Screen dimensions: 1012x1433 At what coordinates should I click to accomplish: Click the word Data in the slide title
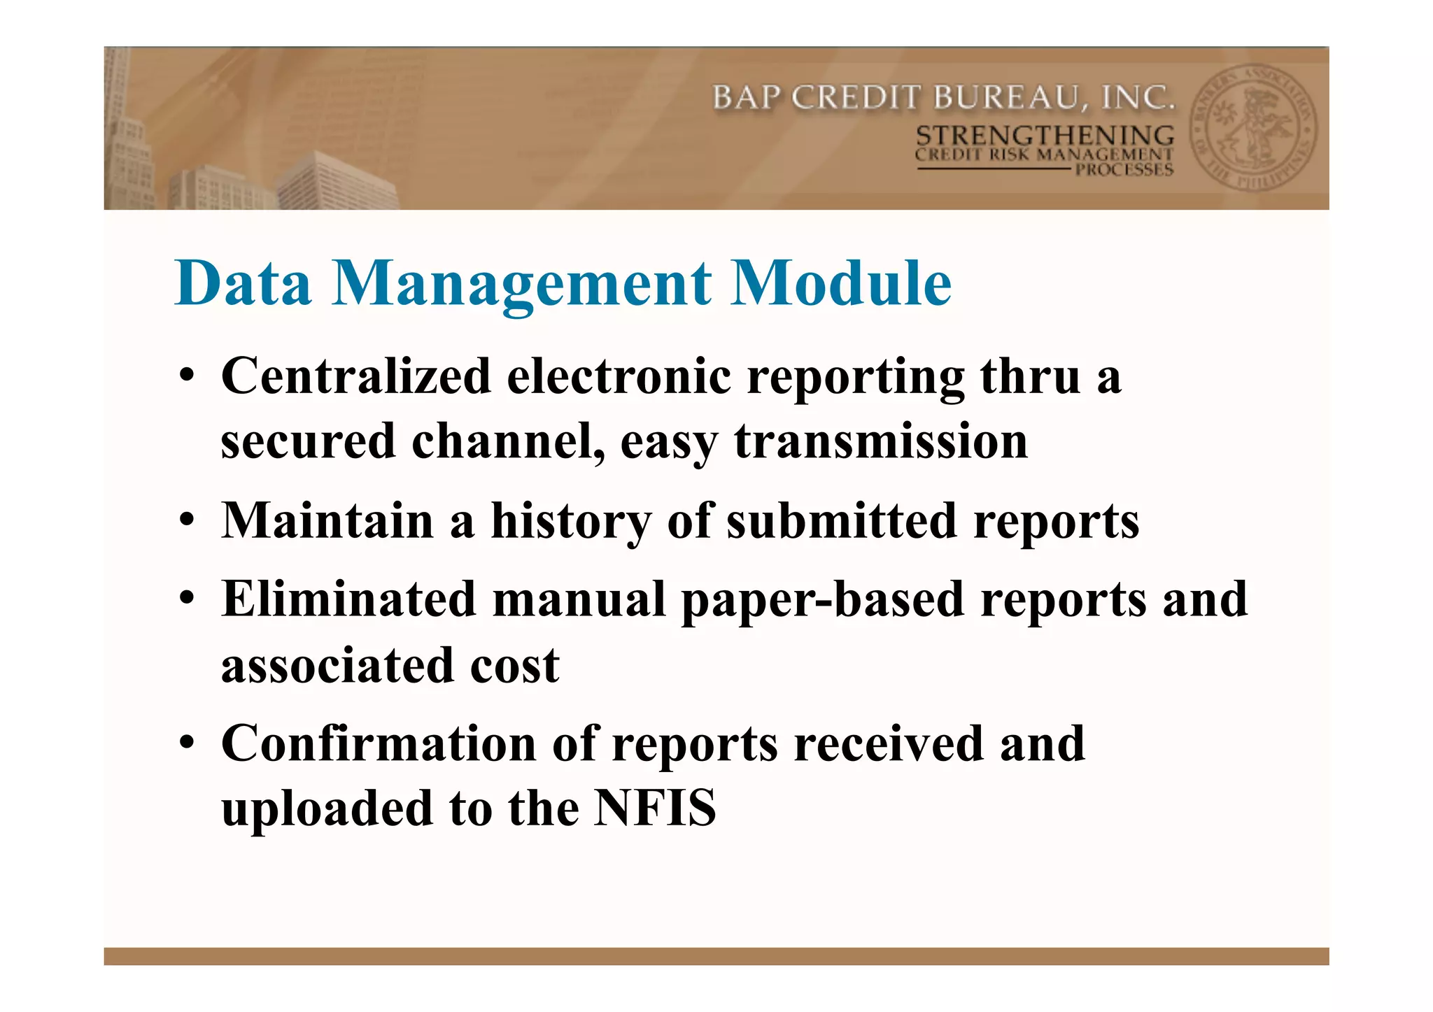tap(243, 283)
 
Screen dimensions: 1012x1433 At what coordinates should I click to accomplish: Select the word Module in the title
tap(840, 283)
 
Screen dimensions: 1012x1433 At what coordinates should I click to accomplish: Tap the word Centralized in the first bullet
tap(356, 376)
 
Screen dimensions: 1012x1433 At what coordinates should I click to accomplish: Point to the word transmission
tap(881, 441)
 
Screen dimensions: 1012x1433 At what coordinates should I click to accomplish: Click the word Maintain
tap(327, 521)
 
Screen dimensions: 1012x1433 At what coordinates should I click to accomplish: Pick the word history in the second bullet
tap(571, 522)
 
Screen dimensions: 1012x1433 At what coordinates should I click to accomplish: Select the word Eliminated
tap(348, 599)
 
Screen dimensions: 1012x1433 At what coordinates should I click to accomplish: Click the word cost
tap(514, 665)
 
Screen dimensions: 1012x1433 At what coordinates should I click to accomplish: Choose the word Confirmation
tap(378, 743)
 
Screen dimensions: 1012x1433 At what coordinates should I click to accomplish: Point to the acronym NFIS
tap(655, 808)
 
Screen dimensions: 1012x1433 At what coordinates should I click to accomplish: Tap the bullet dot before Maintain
tap(186, 521)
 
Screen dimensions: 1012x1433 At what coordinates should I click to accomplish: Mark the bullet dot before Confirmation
tap(186, 743)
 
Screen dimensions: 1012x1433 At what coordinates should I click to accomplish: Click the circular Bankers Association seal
tap(1252, 129)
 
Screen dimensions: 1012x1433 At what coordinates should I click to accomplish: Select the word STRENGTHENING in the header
tap(1045, 136)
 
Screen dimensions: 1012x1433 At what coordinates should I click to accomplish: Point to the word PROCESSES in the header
tap(1124, 170)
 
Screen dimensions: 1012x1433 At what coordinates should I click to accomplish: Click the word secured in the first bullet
tap(308, 441)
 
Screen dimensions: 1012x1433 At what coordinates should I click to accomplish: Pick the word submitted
tap(841, 521)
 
